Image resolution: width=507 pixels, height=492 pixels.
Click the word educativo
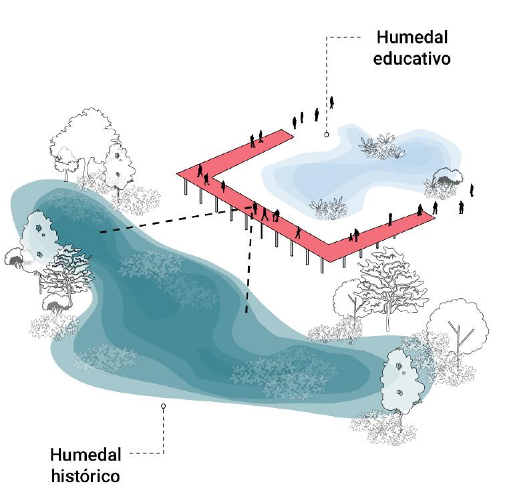(412, 58)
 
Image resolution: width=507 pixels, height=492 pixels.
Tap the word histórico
(85, 476)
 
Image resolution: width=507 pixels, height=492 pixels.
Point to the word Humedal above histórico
(86, 455)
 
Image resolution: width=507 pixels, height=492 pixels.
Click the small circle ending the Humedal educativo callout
(327, 134)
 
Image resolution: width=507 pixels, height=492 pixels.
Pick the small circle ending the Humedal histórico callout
(163, 405)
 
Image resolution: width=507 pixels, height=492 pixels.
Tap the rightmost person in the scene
(472, 190)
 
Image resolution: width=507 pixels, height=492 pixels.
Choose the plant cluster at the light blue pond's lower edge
(328, 207)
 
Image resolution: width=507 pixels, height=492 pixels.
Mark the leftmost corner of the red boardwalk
(178, 174)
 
